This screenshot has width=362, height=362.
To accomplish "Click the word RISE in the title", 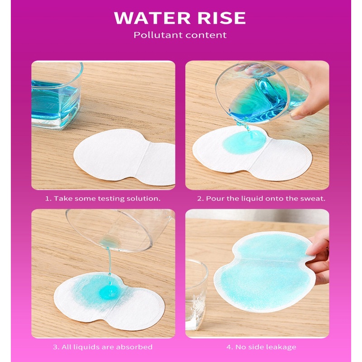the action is coord(222,18).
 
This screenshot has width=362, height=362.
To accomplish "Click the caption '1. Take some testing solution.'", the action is coord(103,199).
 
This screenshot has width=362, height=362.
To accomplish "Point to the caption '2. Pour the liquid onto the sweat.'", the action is coord(261,199).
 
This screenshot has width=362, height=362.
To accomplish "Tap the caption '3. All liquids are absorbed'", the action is coord(103,347).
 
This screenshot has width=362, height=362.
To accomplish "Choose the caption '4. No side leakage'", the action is coord(261,347).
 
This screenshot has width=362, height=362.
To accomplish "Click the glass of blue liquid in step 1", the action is coord(56,95).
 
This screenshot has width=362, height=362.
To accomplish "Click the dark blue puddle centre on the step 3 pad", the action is coord(110,291).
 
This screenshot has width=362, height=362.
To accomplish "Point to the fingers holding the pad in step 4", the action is coord(319,256).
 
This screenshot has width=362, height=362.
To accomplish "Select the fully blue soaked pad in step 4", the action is coord(263,272).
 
